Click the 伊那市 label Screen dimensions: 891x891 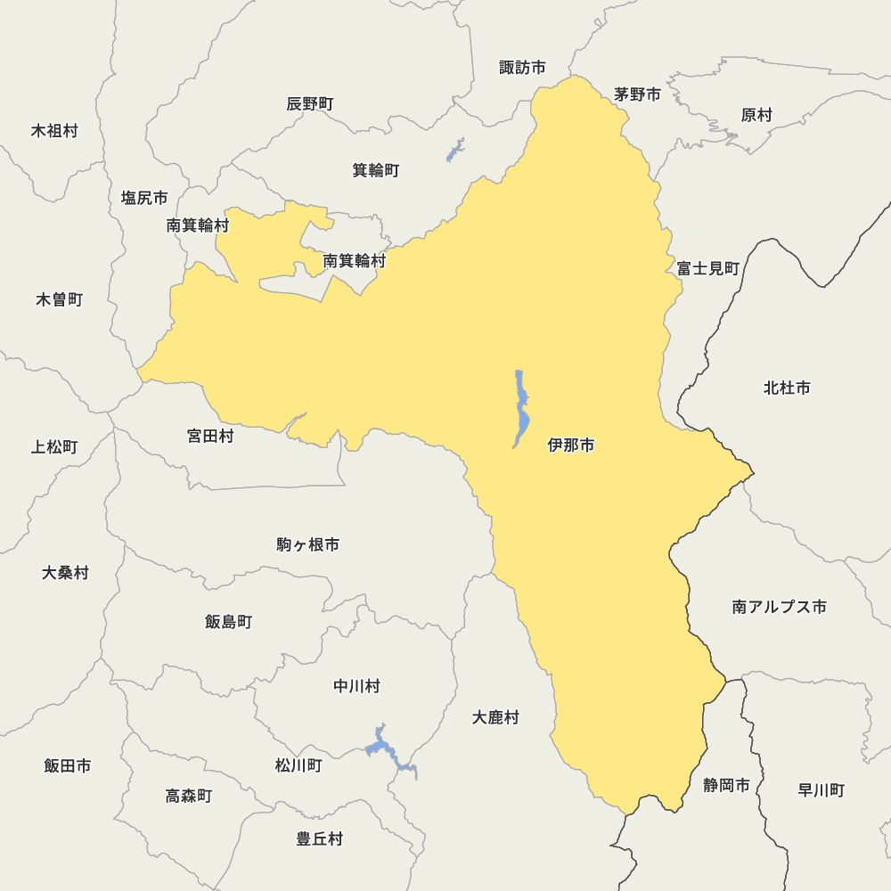pos(571,445)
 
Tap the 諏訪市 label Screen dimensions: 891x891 pos(522,68)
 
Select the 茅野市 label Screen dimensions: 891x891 pos(637,94)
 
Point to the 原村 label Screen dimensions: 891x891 pos(756,115)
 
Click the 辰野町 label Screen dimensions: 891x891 pos(310,104)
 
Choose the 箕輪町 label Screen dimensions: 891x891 pos(375,170)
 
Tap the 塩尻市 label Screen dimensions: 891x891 pos(144,198)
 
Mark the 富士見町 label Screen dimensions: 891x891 pos(707,268)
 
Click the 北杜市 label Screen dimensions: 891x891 pos(787,388)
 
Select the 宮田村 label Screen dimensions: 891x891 pos(210,437)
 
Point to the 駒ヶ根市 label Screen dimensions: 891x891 pos(307,544)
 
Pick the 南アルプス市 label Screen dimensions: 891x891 pos(779,607)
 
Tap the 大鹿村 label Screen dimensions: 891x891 pos(495,717)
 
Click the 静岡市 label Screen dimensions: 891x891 pos(726,785)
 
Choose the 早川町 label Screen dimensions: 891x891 pos(821,790)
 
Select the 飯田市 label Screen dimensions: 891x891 pos(68,765)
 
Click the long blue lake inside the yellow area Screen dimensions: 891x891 pos(521,410)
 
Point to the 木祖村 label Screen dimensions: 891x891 pos(54,131)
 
